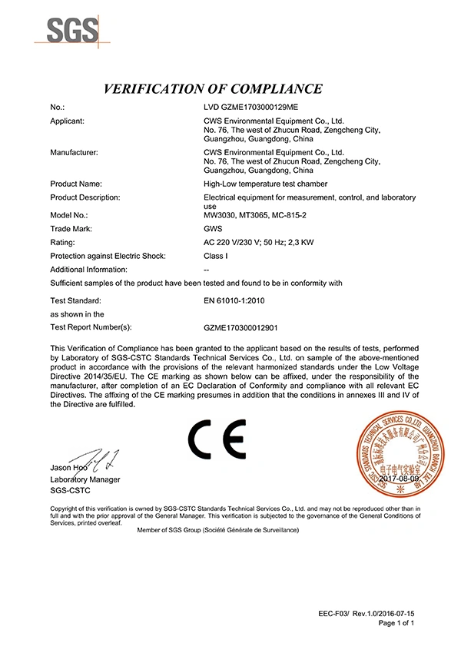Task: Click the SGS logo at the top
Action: click(x=74, y=31)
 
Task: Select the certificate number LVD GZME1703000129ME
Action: click(x=250, y=108)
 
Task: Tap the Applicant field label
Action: click(x=67, y=121)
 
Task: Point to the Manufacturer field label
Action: click(x=74, y=153)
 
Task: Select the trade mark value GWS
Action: click(x=212, y=230)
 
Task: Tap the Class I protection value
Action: click(x=215, y=256)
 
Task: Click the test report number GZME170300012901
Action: click(x=240, y=327)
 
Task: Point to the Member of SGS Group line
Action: click(x=217, y=530)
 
